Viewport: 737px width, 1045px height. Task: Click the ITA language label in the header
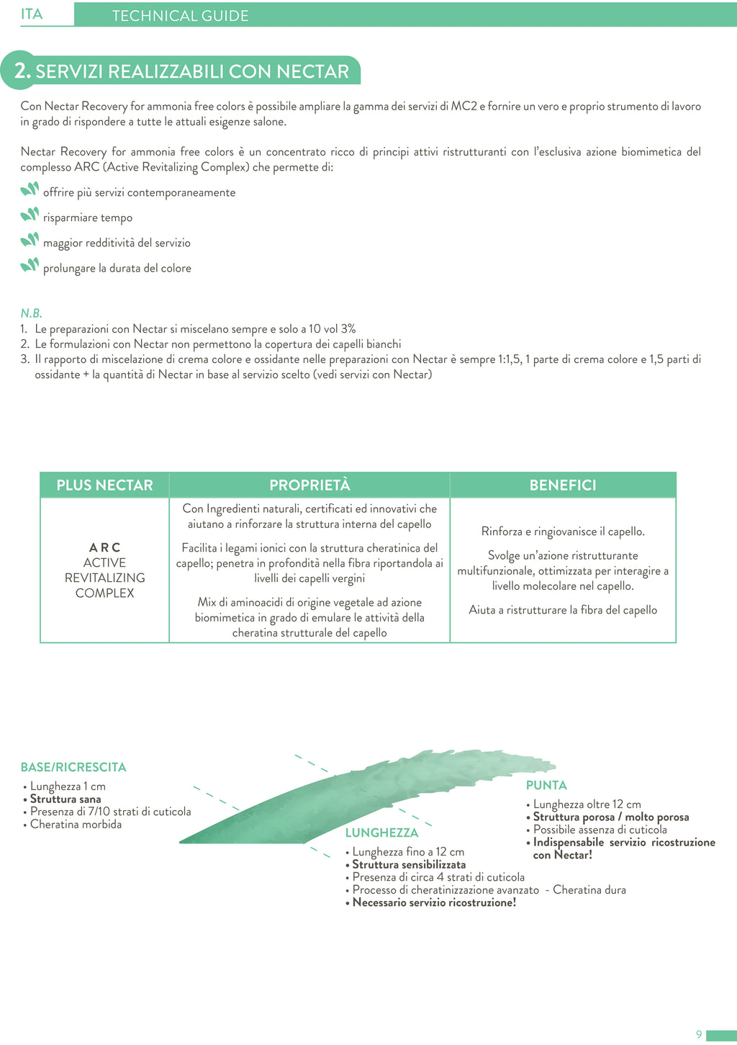tap(32, 14)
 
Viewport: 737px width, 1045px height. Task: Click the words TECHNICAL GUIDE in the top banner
tap(180, 16)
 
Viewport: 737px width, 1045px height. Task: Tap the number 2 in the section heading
tap(22, 71)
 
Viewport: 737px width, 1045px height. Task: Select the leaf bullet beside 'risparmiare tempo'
tap(30, 215)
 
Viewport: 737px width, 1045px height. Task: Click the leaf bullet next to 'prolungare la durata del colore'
tap(30, 265)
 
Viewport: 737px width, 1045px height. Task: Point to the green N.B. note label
tap(31, 313)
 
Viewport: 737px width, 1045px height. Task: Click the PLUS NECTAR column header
tap(104, 485)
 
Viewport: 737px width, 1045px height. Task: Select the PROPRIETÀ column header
tap(309, 485)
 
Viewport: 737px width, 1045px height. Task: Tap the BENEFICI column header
tap(563, 485)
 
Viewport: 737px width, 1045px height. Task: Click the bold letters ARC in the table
tap(105, 547)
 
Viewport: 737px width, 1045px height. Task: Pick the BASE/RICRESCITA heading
tap(73, 768)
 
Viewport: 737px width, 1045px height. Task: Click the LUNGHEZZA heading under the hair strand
tap(381, 833)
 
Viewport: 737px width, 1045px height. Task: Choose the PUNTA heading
tap(546, 786)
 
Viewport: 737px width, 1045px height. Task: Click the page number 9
tap(699, 1035)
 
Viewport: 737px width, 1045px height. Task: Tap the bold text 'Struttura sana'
tap(65, 799)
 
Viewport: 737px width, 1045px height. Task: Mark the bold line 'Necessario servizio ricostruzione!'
tap(434, 903)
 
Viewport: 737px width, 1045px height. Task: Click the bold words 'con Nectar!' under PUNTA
tap(562, 856)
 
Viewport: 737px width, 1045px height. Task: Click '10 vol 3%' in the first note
tap(333, 329)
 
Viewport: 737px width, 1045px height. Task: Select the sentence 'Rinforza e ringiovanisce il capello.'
tap(563, 532)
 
